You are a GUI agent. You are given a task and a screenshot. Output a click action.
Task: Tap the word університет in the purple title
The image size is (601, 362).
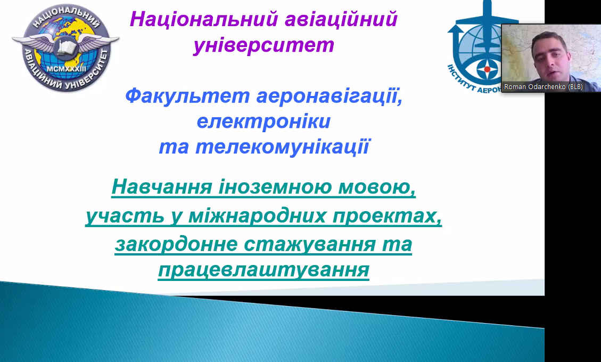[264, 45]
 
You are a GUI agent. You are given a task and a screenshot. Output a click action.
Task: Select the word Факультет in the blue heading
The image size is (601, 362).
[187, 95]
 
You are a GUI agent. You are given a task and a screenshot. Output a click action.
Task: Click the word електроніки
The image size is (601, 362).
[264, 122]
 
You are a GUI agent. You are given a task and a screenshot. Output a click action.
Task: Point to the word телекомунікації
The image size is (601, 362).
[283, 147]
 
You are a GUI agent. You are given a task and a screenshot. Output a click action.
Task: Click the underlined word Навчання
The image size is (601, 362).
[162, 187]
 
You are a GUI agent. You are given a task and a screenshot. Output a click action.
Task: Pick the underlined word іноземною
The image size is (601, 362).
[275, 187]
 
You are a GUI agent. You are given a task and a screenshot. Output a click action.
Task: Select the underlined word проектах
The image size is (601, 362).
[387, 216]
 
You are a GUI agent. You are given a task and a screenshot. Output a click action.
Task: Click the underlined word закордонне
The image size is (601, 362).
[176, 245]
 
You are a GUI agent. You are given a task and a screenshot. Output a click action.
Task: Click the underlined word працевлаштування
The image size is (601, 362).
[264, 270]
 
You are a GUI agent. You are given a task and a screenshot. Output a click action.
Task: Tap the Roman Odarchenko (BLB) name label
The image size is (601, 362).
[543, 87]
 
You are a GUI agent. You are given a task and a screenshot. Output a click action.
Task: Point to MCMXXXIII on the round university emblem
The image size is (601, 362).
[66, 69]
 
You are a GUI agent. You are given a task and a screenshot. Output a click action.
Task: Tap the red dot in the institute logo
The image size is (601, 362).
[487, 69]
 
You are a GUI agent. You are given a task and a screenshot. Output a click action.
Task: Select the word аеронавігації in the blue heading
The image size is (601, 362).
[330, 95]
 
